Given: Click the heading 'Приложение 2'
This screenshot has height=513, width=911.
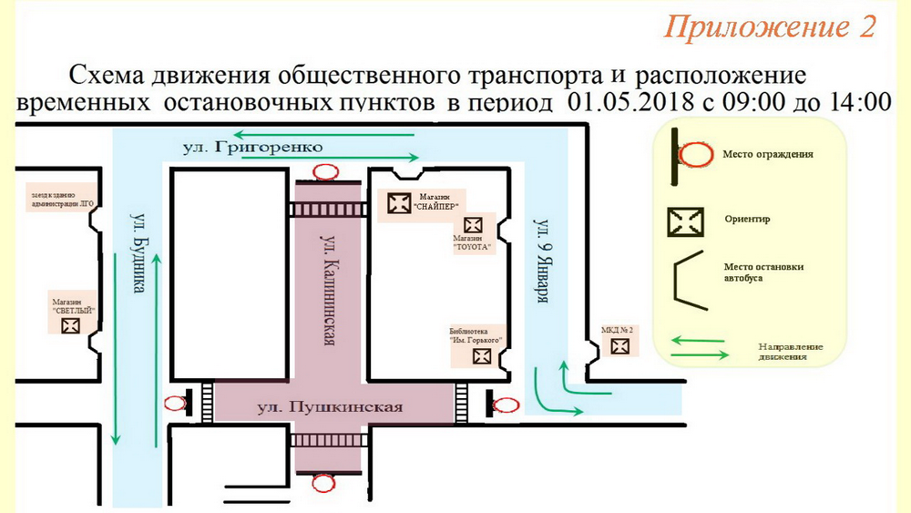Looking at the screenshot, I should tap(770, 27).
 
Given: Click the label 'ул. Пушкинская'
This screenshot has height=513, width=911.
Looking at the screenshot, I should tap(329, 406).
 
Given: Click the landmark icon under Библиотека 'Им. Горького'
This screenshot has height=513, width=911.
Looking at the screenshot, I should tap(482, 356).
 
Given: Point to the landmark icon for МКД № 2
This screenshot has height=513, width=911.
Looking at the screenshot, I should tap(619, 346).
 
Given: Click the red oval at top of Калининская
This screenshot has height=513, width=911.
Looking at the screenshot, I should tap(325, 170).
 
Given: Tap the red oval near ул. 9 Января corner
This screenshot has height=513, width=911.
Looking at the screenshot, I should tap(504, 405).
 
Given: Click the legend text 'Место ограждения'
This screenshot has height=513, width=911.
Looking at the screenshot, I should tap(755, 155).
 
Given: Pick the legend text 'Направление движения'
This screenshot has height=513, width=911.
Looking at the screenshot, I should tap(792, 352).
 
